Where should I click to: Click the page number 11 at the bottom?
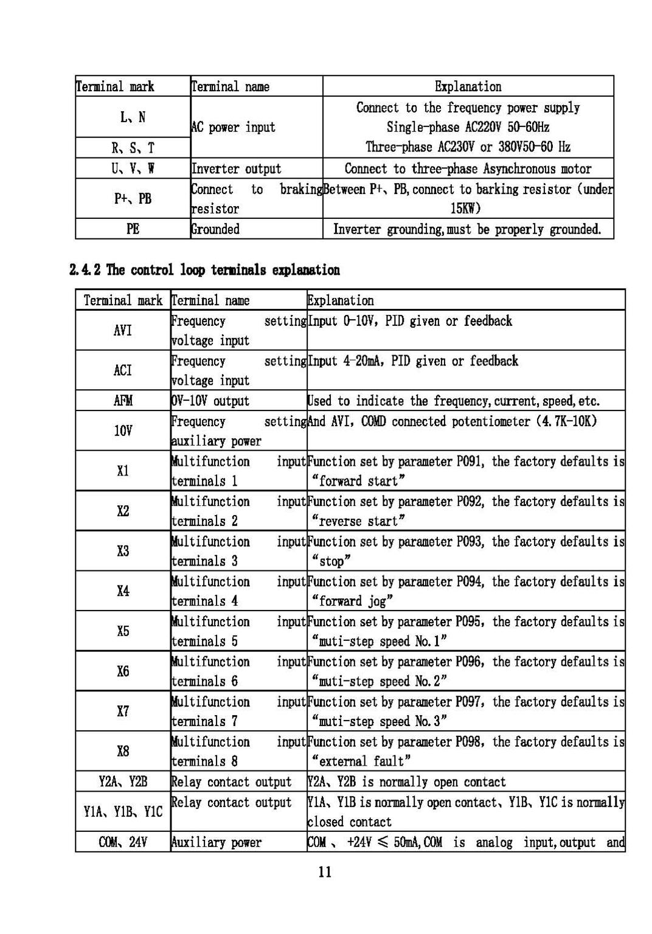(x=325, y=872)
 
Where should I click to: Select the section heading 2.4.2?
(x=205, y=269)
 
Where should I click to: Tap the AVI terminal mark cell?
(x=123, y=330)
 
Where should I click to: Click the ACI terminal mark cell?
(x=123, y=370)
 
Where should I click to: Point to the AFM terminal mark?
(x=123, y=401)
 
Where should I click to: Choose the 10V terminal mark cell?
(x=123, y=431)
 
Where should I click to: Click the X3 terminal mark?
(x=123, y=551)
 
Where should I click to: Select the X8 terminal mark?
(x=123, y=751)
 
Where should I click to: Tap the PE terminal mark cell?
(x=133, y=229)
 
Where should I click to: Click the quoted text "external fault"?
(x=361, y=761)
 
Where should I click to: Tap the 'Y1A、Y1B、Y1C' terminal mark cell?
(x=123, y=812)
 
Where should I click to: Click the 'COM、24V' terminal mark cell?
(x=123, y=842)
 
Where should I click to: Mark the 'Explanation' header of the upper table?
(x=468, y=86)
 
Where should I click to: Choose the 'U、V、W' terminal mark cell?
(x=133, y=168)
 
